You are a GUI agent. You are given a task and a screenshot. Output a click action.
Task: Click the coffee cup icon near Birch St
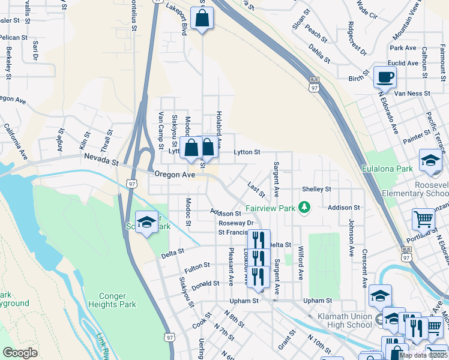(384, 77)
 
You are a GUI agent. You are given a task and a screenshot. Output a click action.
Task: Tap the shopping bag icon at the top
(202, 19)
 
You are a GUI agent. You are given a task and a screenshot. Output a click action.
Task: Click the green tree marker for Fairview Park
(306, 208)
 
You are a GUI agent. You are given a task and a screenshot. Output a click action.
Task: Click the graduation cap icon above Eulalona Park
(430, 160)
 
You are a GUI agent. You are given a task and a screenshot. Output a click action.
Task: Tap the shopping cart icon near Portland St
(423, 221)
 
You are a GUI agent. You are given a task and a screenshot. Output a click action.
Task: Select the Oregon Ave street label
(175, 174)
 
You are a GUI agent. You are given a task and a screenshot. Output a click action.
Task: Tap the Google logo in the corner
(20, 353)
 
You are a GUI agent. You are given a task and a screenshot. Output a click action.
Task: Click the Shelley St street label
(316, 189)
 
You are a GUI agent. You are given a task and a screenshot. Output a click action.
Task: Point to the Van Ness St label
(409, 93)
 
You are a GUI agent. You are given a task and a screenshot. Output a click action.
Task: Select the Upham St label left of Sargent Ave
(244, 300)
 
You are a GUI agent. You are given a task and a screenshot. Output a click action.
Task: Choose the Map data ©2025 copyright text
(423, 355)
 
